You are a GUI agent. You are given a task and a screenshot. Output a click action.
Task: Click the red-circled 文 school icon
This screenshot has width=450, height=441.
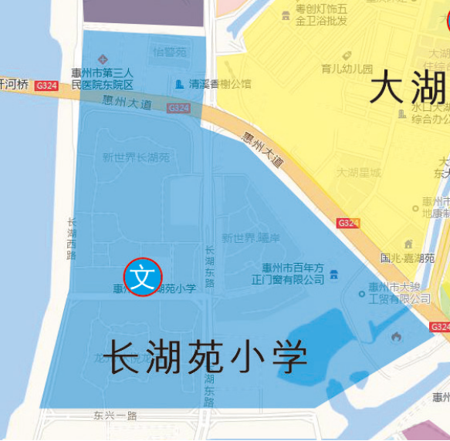click(143, 276)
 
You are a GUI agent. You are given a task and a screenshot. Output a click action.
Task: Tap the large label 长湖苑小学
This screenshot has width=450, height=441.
click(205, 357)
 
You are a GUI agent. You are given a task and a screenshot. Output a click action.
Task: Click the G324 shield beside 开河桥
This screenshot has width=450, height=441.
click(46, 86)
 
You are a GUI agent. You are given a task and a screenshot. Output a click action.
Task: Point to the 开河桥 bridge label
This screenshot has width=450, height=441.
click(14, 85)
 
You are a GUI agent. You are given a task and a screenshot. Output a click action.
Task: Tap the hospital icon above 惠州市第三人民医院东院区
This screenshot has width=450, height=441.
click(103, 59)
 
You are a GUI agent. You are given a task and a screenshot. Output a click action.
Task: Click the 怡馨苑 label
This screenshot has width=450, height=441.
click(170, 52)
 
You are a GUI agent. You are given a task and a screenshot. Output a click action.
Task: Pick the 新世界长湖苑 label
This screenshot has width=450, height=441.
click(137, 158)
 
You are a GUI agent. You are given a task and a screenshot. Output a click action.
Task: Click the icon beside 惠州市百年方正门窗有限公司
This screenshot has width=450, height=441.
click(333, 274)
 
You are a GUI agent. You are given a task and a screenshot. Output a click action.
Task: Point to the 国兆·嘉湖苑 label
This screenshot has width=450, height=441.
click(408, 258)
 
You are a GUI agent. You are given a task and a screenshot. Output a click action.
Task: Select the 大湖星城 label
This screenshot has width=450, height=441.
click(358, 173)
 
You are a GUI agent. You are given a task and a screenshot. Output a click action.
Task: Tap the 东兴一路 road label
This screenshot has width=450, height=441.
click(115, 415)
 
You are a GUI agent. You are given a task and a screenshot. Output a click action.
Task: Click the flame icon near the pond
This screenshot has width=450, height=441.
click(396, 336)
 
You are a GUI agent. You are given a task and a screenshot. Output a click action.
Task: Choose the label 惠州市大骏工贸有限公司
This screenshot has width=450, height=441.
click(399, 293)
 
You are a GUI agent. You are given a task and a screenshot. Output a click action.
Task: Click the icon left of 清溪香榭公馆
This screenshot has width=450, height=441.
click(180, 83)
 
